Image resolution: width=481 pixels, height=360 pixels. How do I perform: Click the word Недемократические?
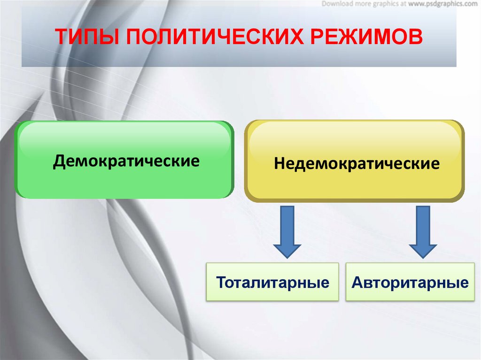(357, 164)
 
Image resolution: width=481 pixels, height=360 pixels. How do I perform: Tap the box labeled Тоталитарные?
(272, 282)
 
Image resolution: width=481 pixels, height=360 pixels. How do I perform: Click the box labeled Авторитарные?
(410, 282)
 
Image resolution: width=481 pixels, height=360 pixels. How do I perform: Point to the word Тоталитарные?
(272, 283)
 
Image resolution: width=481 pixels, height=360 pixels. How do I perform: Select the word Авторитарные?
(410, 283)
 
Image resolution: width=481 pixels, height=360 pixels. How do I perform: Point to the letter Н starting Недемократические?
(279, 164)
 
